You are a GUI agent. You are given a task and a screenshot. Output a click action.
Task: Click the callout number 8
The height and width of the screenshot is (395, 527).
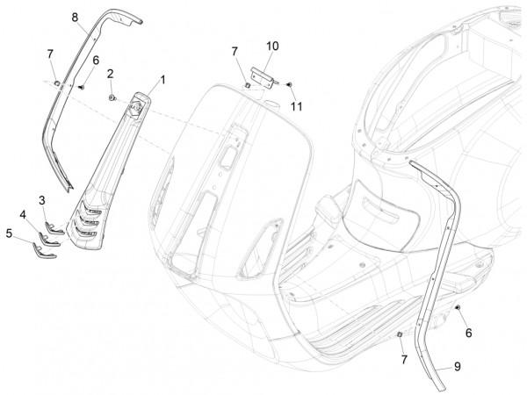click(75, 18)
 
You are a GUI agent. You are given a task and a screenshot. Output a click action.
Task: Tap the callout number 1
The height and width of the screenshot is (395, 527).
click(162, 79)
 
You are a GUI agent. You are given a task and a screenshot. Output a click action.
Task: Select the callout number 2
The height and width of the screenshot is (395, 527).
click(112, 74)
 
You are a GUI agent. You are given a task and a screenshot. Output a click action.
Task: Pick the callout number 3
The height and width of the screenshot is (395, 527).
click(42, 200)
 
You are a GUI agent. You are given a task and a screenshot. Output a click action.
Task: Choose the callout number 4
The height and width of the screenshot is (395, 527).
click(24, 214)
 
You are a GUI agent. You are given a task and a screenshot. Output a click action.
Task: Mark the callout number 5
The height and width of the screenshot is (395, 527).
click(10, 233)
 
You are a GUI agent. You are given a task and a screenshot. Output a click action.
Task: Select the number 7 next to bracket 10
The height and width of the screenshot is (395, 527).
click(235, 53)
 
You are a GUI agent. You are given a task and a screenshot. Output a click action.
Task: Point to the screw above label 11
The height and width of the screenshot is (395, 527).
click(291, 84)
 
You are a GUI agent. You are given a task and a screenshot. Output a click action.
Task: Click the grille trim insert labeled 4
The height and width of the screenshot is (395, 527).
click(43, 238)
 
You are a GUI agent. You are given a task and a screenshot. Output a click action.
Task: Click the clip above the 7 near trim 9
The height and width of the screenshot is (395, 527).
click(401, 336)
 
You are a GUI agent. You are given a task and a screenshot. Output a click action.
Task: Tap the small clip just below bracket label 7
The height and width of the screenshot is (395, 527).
click(249, 84)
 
